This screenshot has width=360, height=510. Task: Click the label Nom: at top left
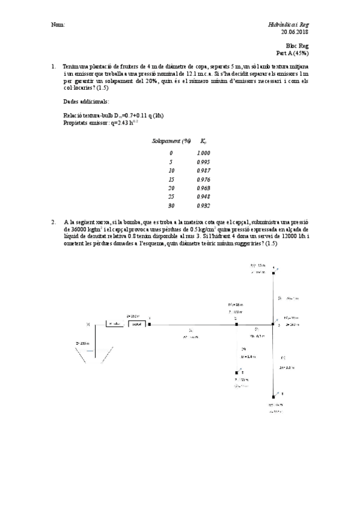pos(58,25)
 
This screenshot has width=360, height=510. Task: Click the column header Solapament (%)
pos(171,141)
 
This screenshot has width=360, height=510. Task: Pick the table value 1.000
pos(203,153)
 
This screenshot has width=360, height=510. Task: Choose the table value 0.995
pos(203,162)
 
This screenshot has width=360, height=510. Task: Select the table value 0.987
pos(203,171)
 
